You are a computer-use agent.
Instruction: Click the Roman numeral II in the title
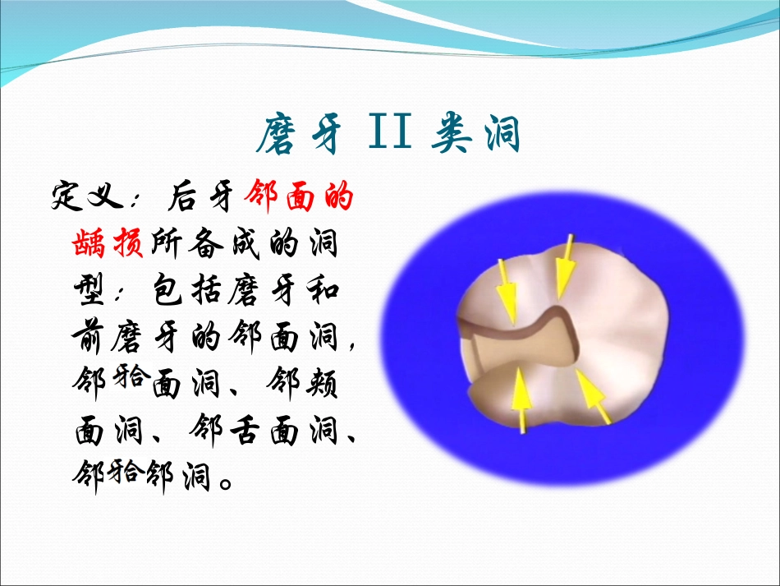[391, 131]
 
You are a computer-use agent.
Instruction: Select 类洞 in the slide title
[476, 133]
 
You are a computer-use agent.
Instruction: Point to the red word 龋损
[108, 242]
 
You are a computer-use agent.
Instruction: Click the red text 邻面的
[299, 196]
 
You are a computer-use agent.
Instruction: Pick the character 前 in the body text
[89, 335]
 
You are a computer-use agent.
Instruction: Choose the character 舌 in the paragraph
[244, 429]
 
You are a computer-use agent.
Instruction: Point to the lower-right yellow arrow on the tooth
[593, 396]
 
